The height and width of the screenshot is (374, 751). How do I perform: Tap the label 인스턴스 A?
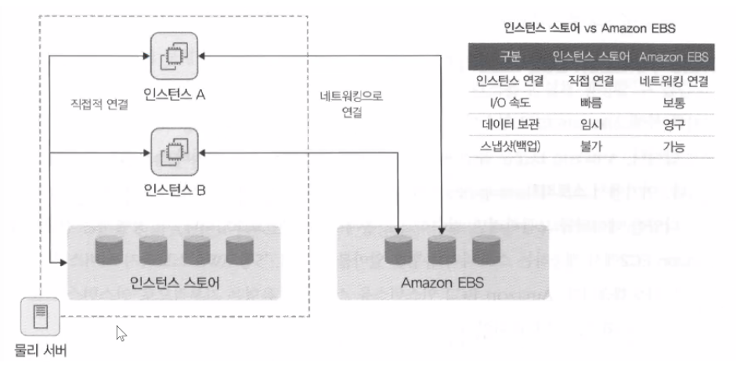pos(175,95)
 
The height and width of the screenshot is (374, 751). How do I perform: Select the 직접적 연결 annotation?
pos(98,102)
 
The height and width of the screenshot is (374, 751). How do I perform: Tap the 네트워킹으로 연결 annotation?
pos(352,102)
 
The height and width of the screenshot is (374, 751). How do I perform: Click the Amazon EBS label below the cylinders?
pos(442,281)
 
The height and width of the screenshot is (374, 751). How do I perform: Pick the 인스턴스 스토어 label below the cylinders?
pos(174,281)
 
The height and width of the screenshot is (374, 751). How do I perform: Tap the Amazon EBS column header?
pos(672,58)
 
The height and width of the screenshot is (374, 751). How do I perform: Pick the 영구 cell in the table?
pos(673,124)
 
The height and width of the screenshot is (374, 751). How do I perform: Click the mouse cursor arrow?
pos(121,333)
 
